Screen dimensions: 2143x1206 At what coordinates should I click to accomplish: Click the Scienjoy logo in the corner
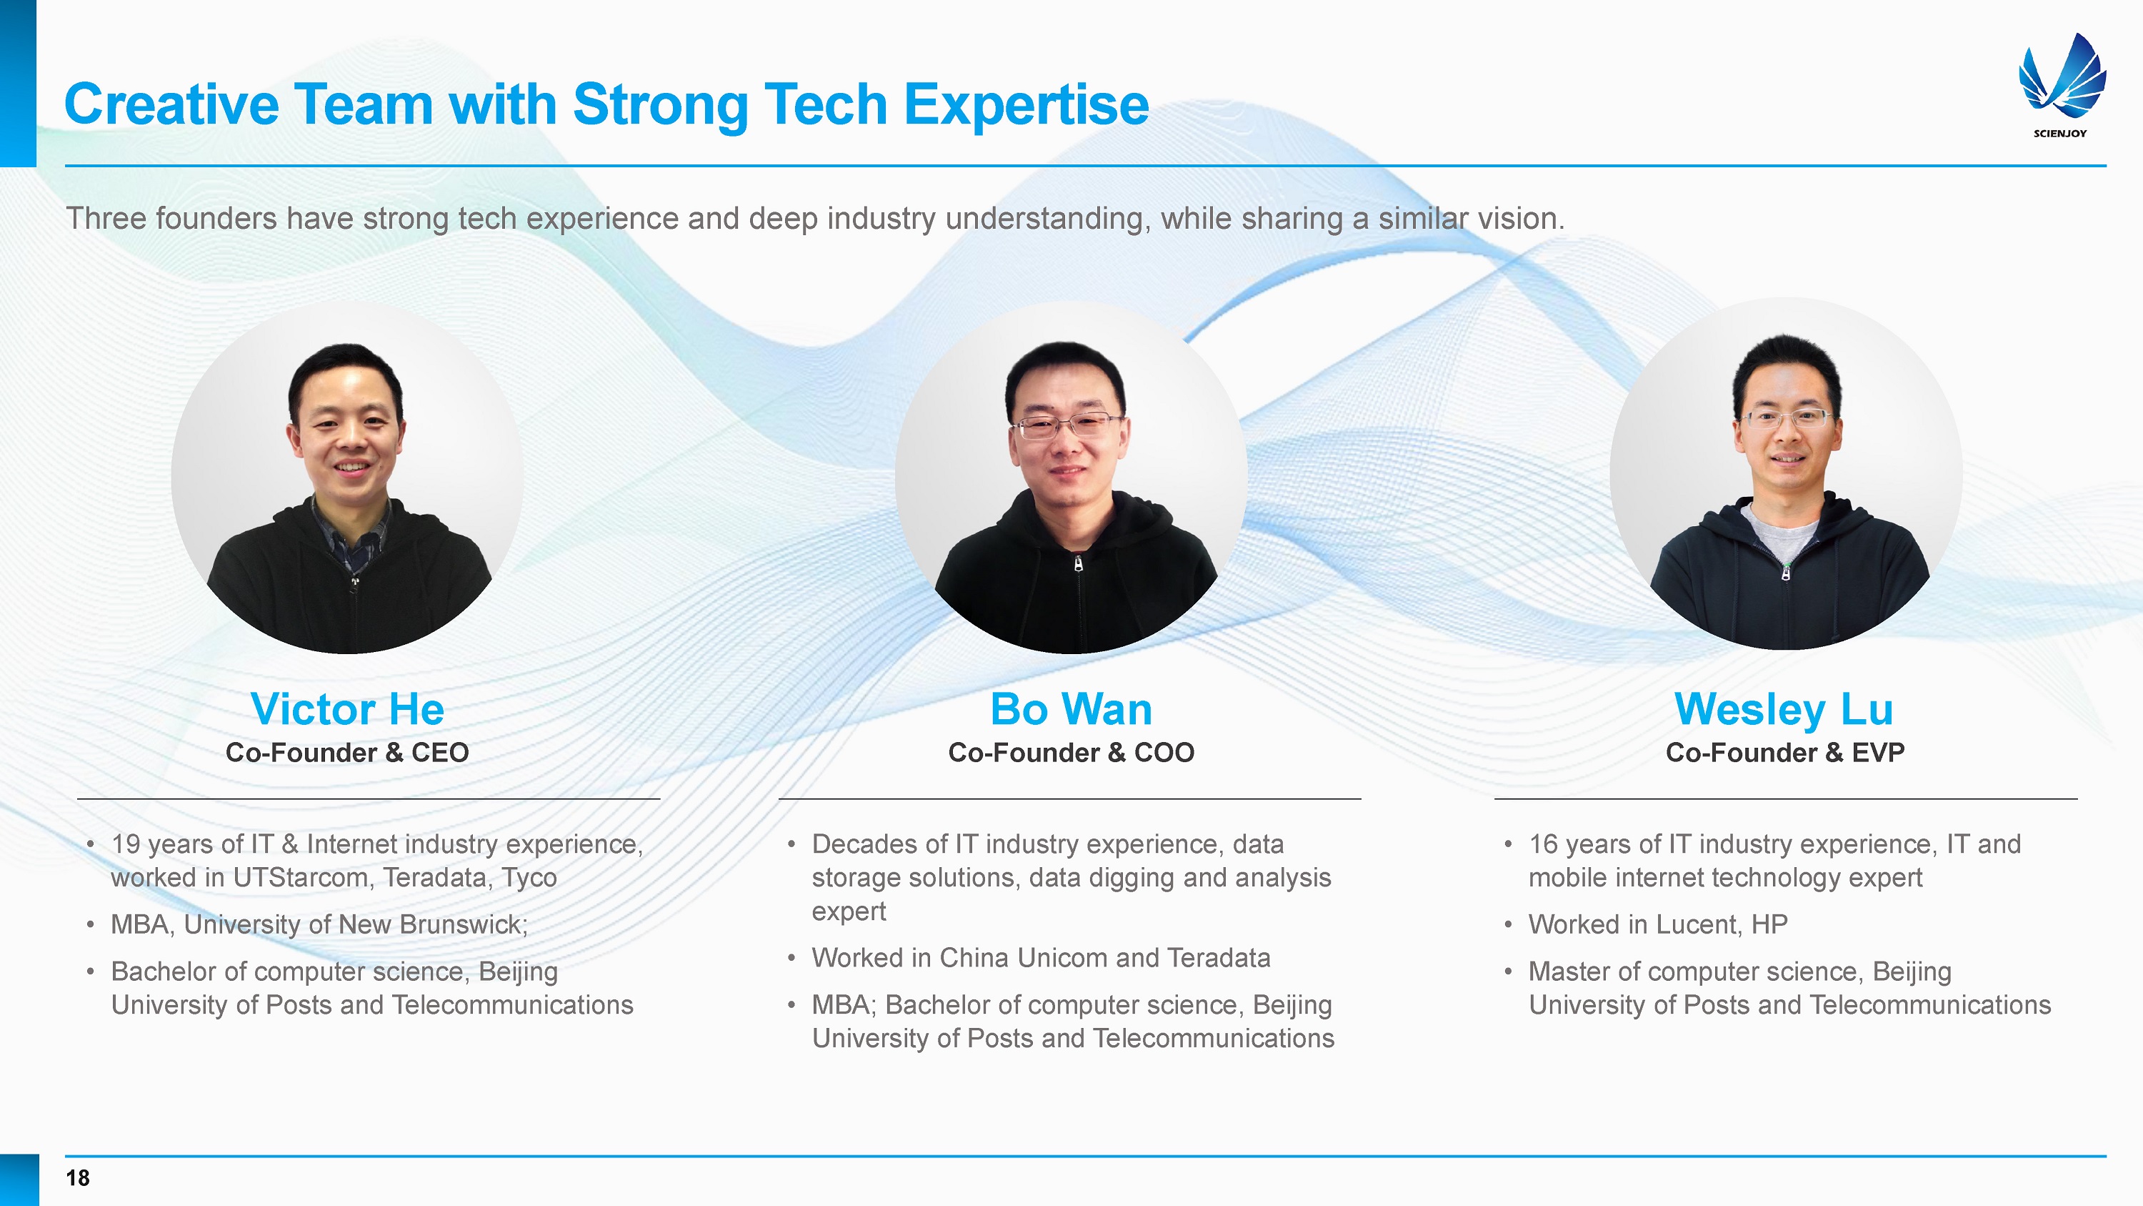pos(2062,83)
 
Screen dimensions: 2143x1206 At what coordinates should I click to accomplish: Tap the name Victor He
pos(347,709)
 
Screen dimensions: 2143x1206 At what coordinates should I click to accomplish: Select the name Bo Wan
pos(1071,709)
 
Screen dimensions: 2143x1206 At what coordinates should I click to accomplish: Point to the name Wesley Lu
pos(1784,709)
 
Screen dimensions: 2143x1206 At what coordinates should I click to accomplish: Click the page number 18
pos(78,1177)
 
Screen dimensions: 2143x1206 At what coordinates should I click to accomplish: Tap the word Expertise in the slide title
pos(1026,106)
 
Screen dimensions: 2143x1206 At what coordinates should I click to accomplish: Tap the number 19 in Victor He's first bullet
pos(126,844)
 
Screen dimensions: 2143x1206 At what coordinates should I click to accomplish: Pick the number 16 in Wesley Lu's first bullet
pos(1543,844)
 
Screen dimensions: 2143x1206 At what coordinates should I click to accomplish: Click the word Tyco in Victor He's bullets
pos(530,878)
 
